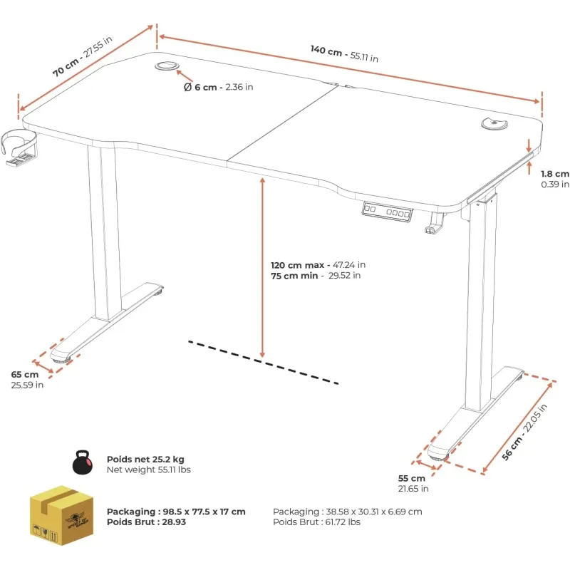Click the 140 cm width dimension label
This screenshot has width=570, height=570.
tap(344, 54)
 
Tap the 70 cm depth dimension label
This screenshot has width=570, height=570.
tap(82, 56)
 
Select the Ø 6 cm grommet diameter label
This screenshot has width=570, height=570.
tap(219, 87)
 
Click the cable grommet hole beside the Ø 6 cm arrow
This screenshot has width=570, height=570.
tap(167, 66)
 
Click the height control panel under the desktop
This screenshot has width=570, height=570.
tap(387, 211)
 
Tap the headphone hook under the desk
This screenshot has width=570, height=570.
tap(435, 222)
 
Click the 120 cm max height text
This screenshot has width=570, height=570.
tap(318, 265)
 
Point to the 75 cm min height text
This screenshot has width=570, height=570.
tap(316, 276)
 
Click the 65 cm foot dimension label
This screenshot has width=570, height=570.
tap(27, 380)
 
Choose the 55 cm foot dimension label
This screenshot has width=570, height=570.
tap(413, 484)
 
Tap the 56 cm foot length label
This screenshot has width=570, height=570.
tap(524, 432)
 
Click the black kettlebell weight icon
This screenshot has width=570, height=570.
tap(83, 462)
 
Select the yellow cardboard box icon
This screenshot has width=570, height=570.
tap(61, 515)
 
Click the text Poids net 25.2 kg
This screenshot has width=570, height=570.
tap(145, 459)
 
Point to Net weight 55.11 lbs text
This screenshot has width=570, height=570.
tap(149, 470)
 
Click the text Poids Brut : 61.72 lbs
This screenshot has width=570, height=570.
tap(316, 522)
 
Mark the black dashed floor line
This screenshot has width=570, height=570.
tap(263, 362)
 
